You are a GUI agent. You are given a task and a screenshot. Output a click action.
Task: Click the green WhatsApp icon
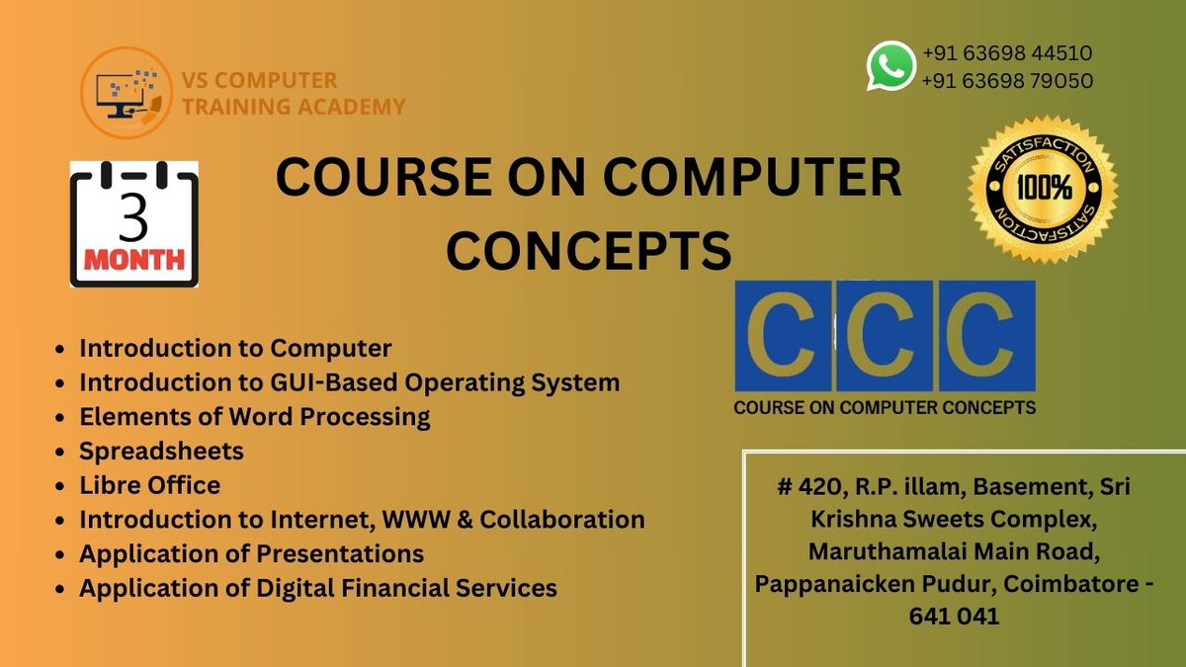pos(890,66)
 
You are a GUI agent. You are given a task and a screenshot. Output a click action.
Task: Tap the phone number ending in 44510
pos(1006,53)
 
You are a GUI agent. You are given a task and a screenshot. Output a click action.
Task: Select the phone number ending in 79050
pos(1006,81)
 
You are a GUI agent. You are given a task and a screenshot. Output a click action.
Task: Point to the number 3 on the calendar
pos(132,220)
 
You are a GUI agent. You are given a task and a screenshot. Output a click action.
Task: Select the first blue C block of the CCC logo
pos(783,335)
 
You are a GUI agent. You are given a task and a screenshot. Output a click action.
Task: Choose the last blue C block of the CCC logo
pos(986,335)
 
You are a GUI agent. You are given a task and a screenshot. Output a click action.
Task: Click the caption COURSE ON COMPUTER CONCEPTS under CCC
pos(884,407)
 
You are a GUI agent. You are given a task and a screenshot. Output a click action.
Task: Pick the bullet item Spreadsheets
pos(161,451)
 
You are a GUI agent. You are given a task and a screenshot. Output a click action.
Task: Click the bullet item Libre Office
pos(149,485)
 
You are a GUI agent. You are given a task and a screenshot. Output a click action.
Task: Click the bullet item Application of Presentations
pos(251,553)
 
